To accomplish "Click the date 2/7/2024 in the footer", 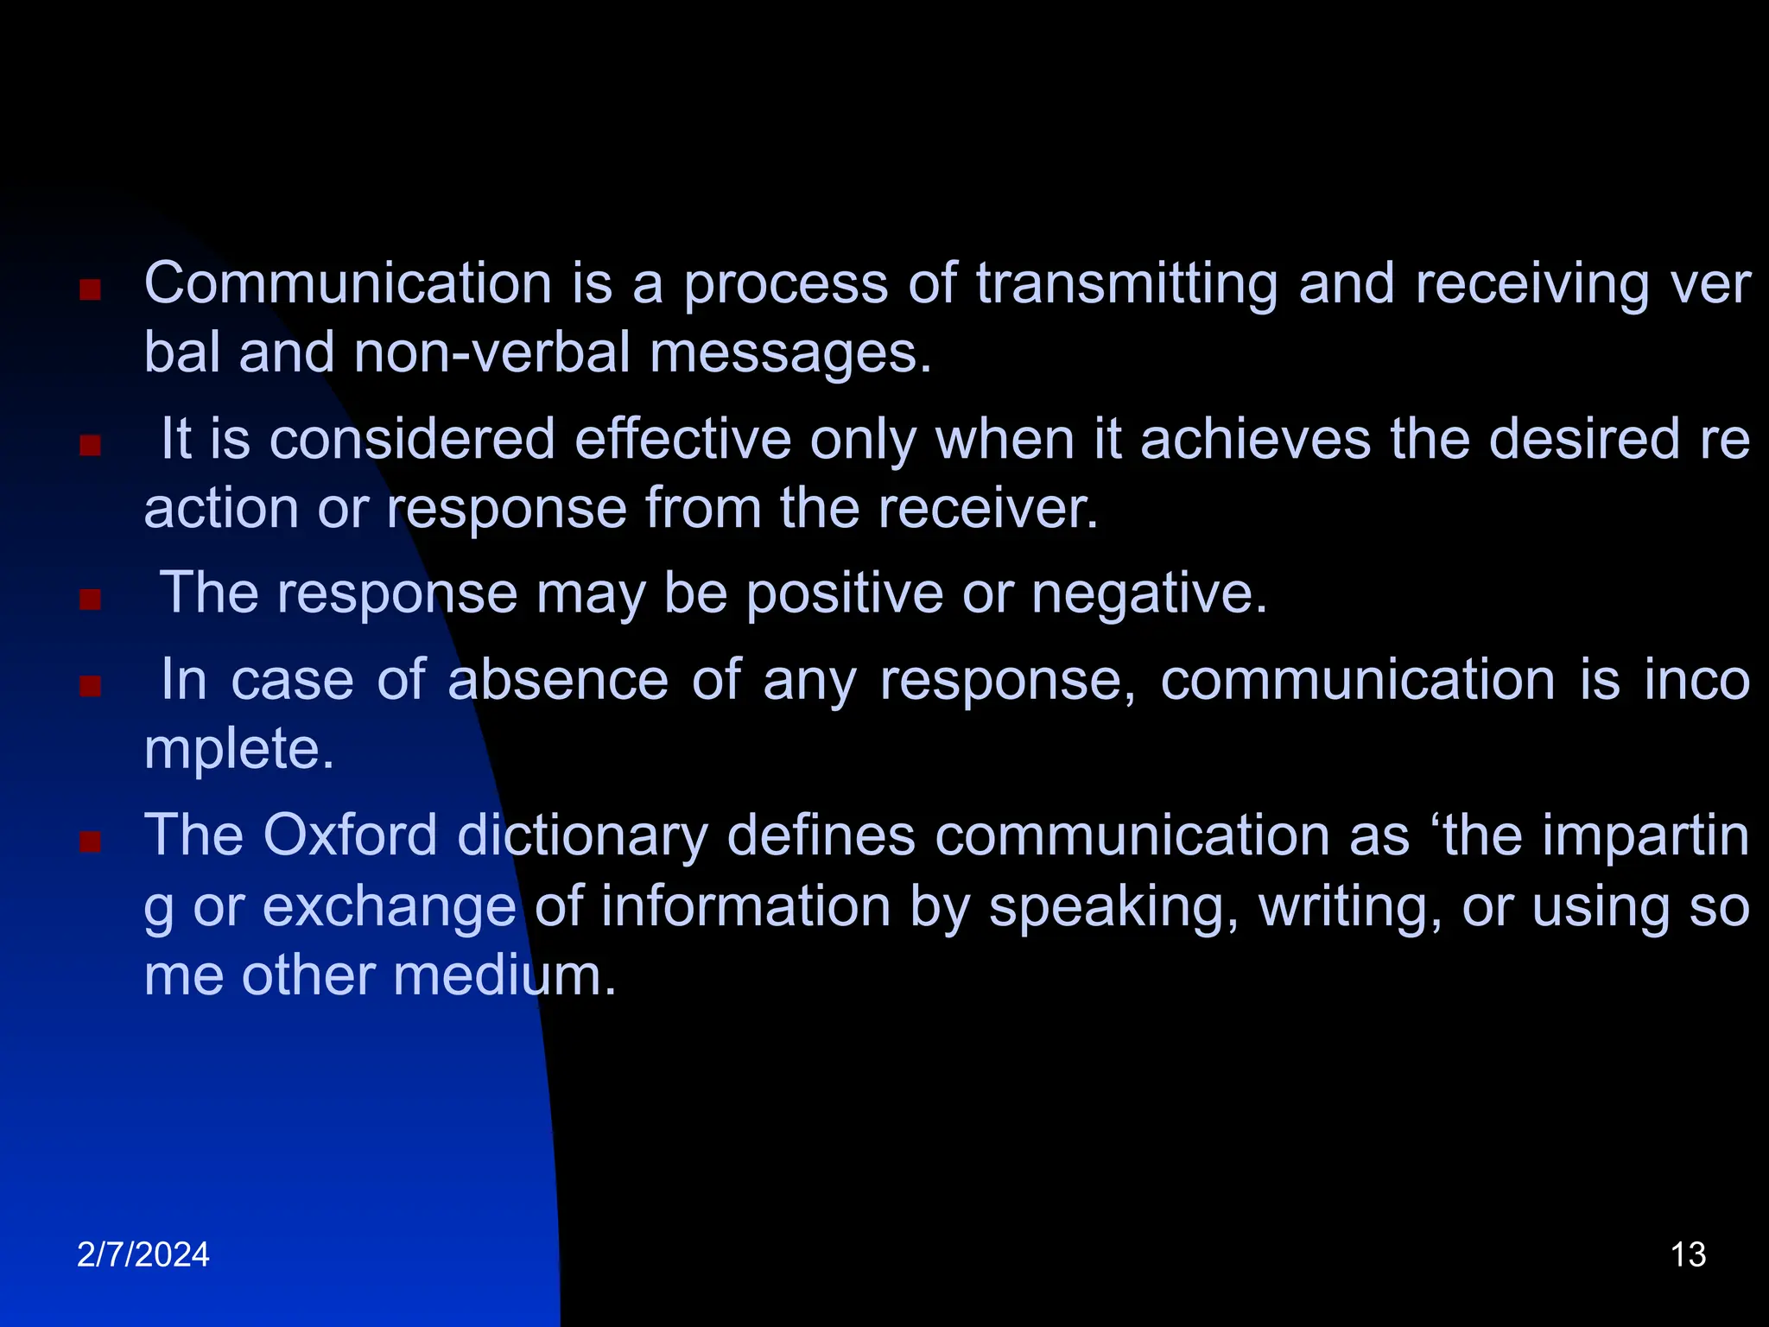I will pos(143,1254).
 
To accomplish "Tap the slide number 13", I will pos(1688,1254).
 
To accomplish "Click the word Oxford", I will pos(349,835).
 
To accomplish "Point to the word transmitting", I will pos(1126,285).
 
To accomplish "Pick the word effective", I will pos(682,439).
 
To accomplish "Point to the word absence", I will pos(558,680).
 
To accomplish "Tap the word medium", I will pos(504,976).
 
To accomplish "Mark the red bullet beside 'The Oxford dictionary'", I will pos(90,841).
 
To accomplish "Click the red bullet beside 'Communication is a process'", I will pos(90,289).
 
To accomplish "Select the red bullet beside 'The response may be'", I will pos(90,600).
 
